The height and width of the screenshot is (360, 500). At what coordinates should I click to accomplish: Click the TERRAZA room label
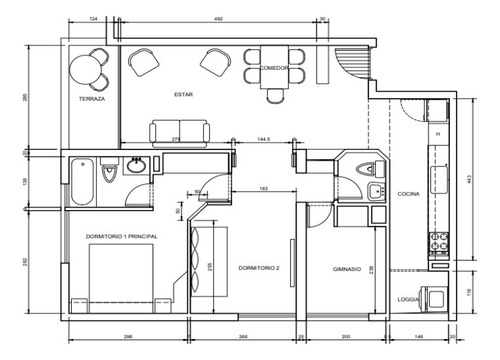click(91, 100)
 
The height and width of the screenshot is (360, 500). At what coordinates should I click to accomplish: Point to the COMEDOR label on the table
click(275, 68)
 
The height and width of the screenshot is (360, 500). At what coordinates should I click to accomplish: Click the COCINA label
click(408, 194)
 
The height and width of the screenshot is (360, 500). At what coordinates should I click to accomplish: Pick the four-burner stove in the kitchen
click(438, 242)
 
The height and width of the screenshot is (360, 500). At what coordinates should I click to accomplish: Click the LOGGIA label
click(407, 299)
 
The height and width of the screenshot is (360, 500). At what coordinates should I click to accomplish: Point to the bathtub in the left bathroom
click(82, 182)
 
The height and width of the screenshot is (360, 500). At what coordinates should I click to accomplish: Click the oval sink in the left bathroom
click(140, 166)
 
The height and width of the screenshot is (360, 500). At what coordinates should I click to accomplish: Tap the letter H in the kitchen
click(437, 133)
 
